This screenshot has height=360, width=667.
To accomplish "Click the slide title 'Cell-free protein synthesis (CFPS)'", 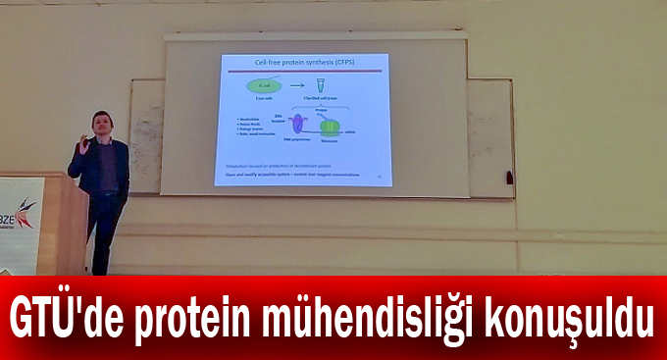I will point(303,64).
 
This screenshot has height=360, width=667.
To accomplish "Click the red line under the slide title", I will point(303,72).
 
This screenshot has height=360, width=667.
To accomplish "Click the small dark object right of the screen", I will point(508,179).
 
